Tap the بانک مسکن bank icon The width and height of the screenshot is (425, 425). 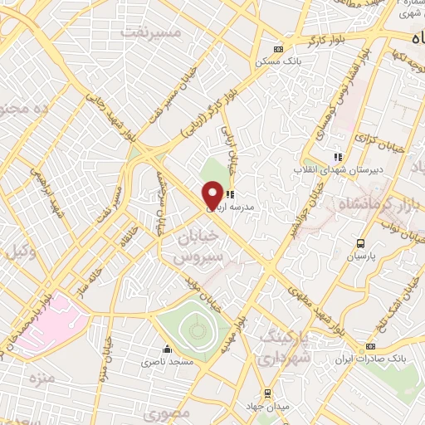(278, 48)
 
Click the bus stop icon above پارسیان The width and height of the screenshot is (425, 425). (360, 243)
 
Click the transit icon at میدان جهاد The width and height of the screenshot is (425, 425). (266, 393)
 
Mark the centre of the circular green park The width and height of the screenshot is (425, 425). (196, 330)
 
